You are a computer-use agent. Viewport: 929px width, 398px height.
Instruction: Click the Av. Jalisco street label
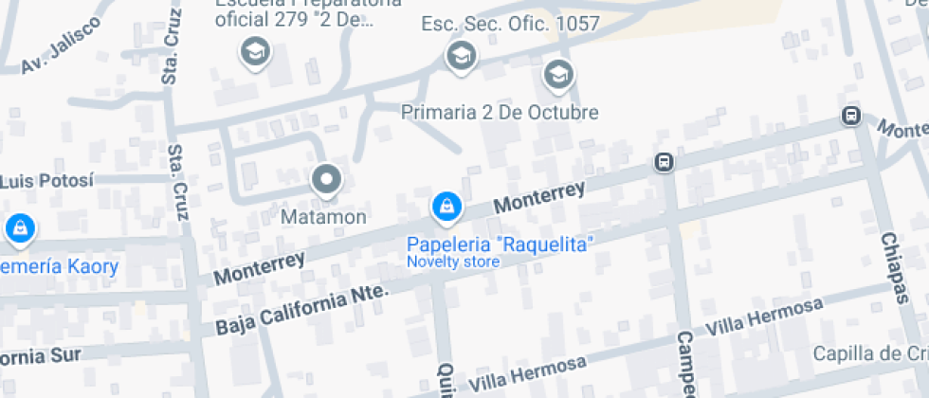point(61,45)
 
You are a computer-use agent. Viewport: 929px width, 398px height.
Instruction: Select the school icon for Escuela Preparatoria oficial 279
point(255,52)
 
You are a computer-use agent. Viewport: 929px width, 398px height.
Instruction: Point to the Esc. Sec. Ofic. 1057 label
point(510,24)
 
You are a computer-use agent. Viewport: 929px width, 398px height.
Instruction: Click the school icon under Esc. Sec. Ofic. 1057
point(461,55)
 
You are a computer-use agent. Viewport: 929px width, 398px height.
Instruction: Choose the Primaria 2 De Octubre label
point(500,112)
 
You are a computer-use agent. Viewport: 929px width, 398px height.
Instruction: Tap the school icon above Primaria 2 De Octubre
point(558,74)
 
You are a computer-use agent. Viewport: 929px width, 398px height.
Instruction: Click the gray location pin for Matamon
point(327,179)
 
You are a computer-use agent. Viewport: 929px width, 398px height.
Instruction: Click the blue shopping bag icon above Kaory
point(19,228)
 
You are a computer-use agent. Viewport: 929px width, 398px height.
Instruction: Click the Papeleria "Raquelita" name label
point(500,244)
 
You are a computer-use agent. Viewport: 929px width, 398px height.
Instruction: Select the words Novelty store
point(453,262)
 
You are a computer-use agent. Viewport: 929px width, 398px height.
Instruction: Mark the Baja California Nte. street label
point(302,310)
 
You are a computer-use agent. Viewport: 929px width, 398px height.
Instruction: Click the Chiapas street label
point(894,268)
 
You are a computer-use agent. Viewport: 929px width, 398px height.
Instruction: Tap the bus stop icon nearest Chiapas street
point(850,117)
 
